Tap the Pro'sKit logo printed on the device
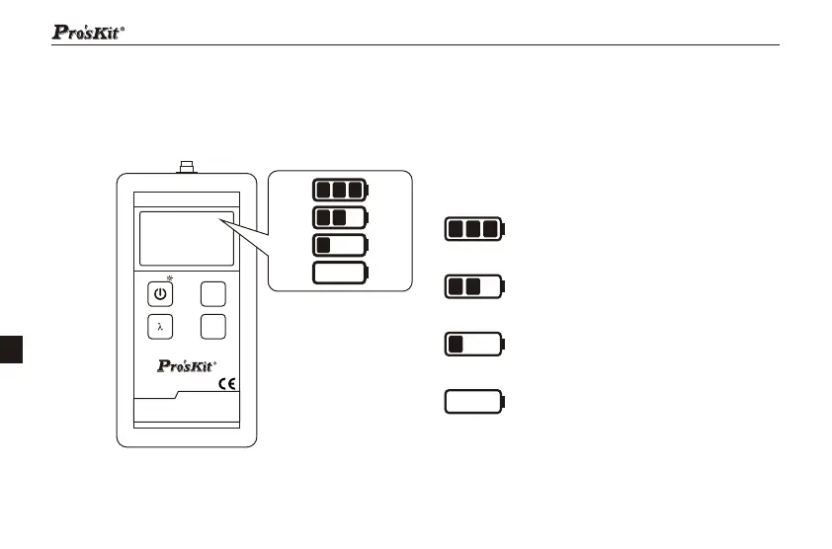pyautogui.click(x=187, y=365)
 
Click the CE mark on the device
pyautogui.click(x=225, y=384)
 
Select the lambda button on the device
pyautogui.click(x=160, y=326)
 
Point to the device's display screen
pyautogui.click(x=186, y=237)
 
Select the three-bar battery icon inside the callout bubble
pyautogui.click(x=340, y=190)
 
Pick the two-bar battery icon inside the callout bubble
pyautogui.click(x=340, y=217)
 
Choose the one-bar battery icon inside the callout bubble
pyautogui.click(x=340, y=245)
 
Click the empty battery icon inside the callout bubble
pyautogui.click(x=340, y=273)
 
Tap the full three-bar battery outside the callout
pyautogui.click(x=474, y=229)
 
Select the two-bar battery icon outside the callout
pyautogui.click(x=474, y=287)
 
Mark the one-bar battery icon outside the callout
pyautogui.click(x=474, y=345)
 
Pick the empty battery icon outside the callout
pyautogui.click(x=474, y=402)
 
